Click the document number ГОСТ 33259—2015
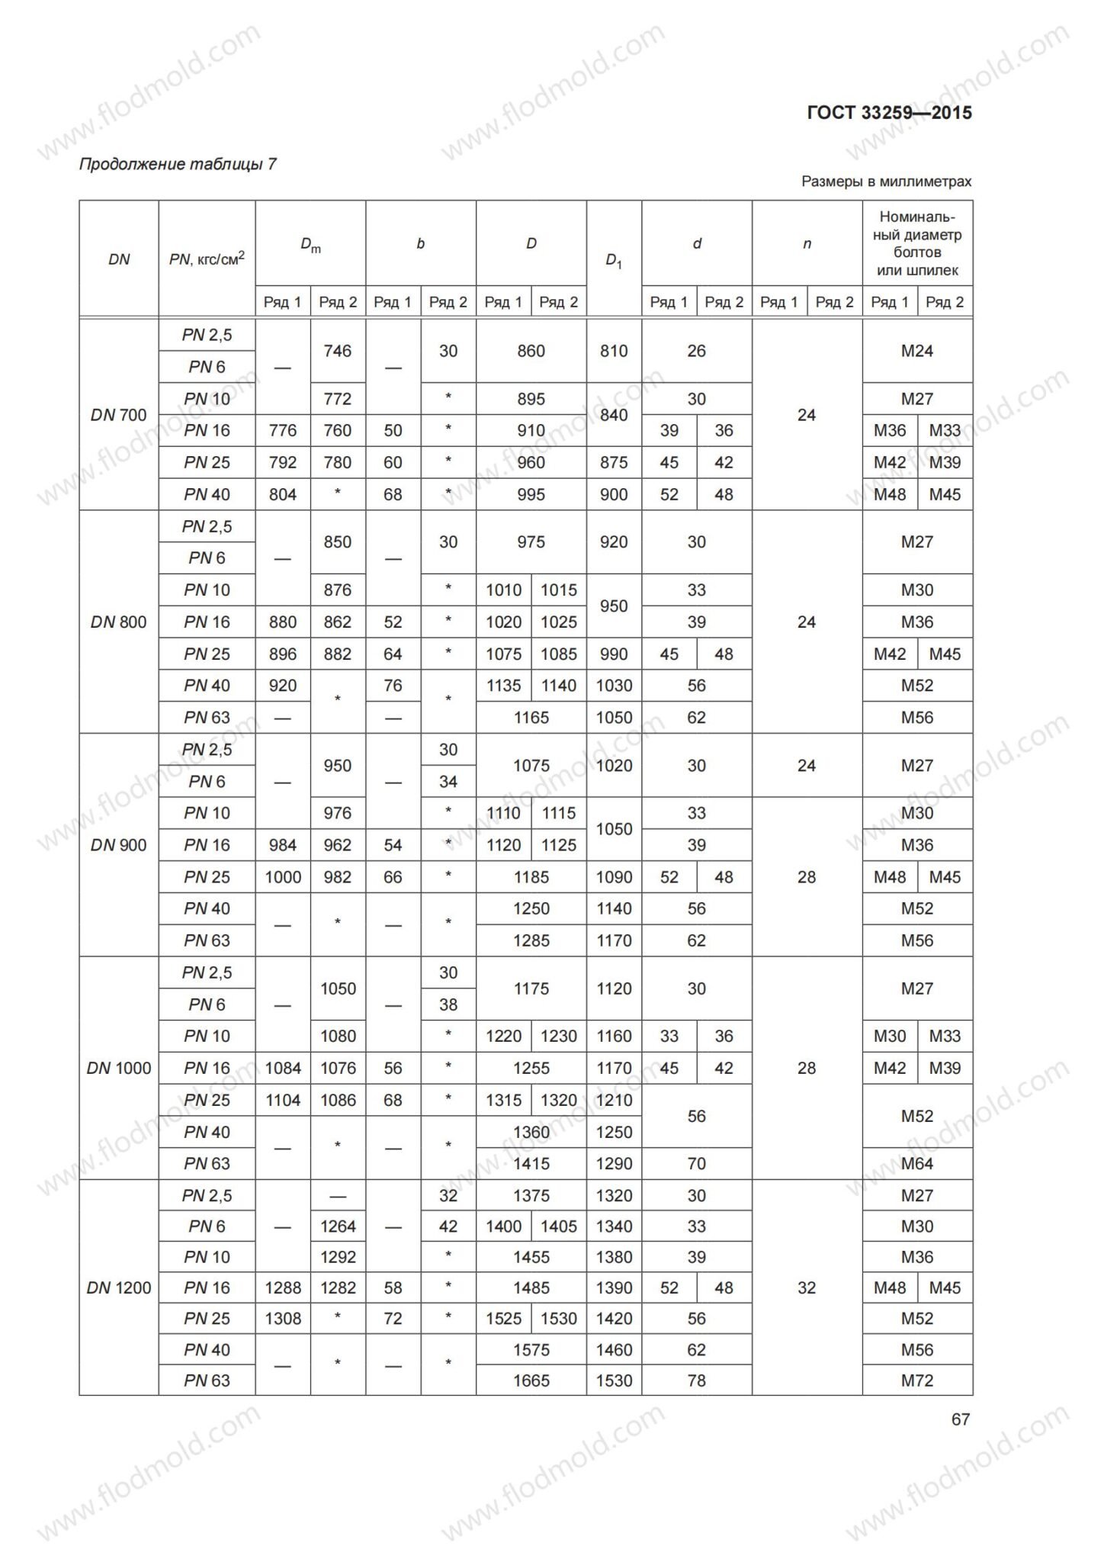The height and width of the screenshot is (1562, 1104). pyautogui.click(x=889, y=113)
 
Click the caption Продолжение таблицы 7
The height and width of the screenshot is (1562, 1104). pyautogui.click(x=178, y=164)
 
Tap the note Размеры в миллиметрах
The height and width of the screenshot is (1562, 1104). pyautogui.click(x=886, y=182)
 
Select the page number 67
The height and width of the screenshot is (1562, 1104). pyautogui.click(x=961, y=1419)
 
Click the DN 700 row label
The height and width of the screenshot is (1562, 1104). pyautogui.click(x=118, y=415)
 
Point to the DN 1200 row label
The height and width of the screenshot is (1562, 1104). pyautogui.click(x=118, y=1287)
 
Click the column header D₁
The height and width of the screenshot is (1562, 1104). pyautogui.click(x=614, y=260)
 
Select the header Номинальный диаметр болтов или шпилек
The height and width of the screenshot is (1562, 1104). pyautogui.click(x=917, y=243)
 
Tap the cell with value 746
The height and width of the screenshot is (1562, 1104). pyautogui.click(x=338, y=351)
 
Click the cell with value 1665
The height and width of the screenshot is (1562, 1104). pyautogui.click(x=531, y=1380)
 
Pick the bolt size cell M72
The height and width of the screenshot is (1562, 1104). pyautogui.click(x=917, y=1380)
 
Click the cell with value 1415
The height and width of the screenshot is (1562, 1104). pyautogui.click(x=531, y=1163)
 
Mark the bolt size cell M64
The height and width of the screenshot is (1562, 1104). pyautogui.click(x=917, y=1163)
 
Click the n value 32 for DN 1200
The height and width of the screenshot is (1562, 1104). pyautogui.click(x=807, y=1287)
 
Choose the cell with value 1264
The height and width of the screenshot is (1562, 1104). pyautogui.click(x=338, y=1226)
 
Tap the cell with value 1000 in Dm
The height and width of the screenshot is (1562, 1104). pyautogui.click(x=283, y=877)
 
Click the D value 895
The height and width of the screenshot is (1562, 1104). pyautogui.click(x=531, y=399)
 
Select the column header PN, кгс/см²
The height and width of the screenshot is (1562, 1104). pyautogui.click(x=207, y=259)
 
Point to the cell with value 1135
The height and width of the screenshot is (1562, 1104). pyautogui.click(x=503, y=686)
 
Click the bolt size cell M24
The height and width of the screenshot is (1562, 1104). pyautogui.click(x=917, y=351)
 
